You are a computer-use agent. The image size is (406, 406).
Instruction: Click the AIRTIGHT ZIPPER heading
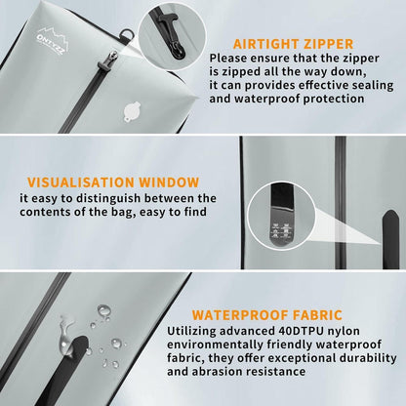[x=293, y=44]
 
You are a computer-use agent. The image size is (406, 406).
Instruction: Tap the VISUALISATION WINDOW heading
[x=113, y=183]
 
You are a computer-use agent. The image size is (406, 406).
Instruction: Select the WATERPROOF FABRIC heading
[x=267, y=315]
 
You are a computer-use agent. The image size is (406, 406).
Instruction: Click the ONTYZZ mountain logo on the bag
[x=53, y=41]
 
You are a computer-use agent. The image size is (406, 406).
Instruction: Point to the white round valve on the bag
[x=133, y=111]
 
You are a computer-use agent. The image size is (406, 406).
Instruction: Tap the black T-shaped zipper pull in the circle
[x=174, y=36]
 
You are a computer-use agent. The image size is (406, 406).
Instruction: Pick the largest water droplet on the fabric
[x=104, y=310]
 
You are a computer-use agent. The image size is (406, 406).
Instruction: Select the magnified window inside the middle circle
[x=282, y=216]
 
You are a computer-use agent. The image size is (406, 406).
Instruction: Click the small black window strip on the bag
[x=391, y=239]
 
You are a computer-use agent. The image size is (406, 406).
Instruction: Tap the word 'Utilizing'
[x=191, y=332]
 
